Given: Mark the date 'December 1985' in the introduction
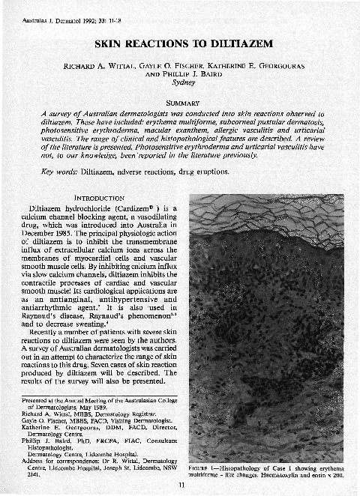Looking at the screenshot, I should coord(55,232).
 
